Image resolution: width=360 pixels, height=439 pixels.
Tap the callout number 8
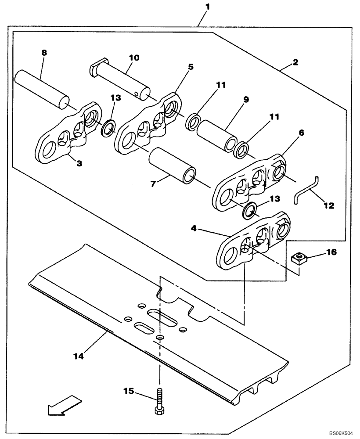coord(44,53)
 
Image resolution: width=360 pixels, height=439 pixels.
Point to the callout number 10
coord(133,58)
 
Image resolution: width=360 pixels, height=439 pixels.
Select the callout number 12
coord(329,205)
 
